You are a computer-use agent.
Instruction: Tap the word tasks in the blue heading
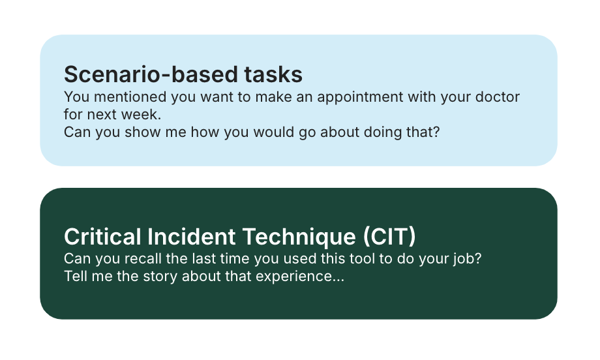coord(274,74)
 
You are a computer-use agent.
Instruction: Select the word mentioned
coord(130,97)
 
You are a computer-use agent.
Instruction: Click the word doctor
coord(498,97)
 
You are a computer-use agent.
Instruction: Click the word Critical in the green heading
coord(102,237)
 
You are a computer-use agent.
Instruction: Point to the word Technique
coord(299,237)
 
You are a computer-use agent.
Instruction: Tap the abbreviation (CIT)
coord(389,237)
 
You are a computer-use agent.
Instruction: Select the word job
coord(468,260)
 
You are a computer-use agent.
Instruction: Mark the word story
coord(160,277)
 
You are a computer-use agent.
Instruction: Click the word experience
coord(300,277)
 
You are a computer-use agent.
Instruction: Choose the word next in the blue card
coord(104,114)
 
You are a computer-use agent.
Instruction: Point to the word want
coord(217,97)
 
